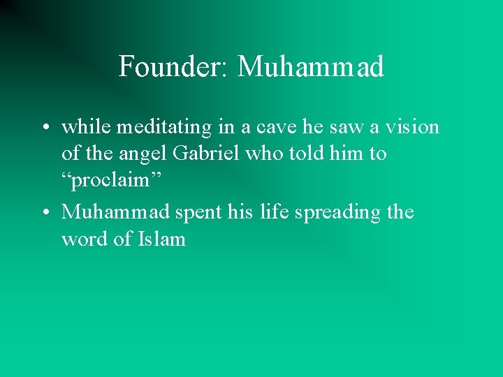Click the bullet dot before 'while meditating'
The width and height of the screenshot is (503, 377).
pyautogui.click(x=45, y=128)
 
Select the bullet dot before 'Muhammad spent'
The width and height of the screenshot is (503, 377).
pyautogui.click(x=45, y=212)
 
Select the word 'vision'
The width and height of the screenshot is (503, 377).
pyautogui.click(x=413, y=127)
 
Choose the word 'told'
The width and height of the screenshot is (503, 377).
pyautogui.click(x=312, y=154)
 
